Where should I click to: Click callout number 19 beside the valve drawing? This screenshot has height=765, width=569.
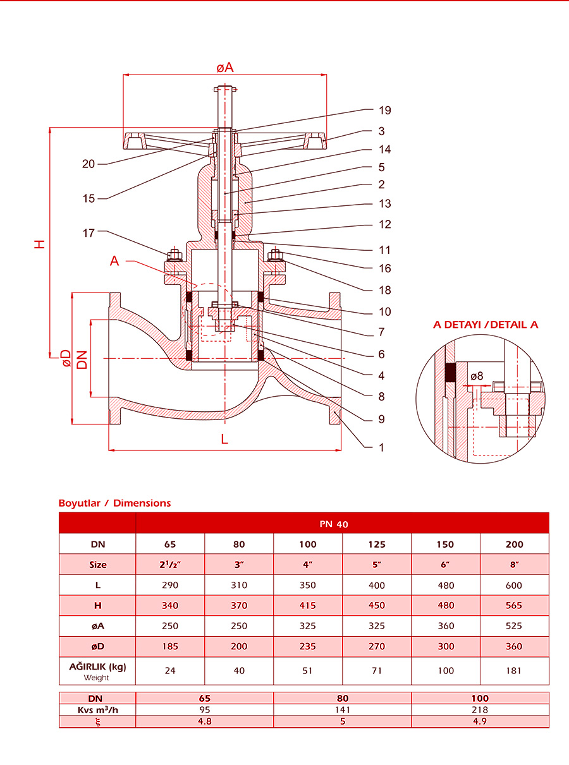(385, 111)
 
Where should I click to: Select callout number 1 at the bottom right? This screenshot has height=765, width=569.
(381, 447)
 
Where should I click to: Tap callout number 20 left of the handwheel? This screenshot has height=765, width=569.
(88, 164)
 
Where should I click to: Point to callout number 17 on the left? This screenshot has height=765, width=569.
(88, 233)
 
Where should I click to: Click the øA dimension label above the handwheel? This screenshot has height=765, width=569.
(224, 67)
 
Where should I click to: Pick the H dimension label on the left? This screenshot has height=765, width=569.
(40, 243)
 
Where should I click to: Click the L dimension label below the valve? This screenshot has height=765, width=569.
(224, 440)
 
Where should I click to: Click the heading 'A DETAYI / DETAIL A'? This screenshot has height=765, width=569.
(486, 325)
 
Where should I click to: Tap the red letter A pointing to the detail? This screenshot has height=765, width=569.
(114, 261)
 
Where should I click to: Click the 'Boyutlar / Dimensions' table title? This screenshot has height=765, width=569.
(114, 503)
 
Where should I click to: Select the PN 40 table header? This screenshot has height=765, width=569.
(342, 524)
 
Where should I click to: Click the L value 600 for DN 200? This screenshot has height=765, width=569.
(514, 585)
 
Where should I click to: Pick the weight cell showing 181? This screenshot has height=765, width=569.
(514, 670)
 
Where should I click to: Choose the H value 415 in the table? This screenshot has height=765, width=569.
(308, 605)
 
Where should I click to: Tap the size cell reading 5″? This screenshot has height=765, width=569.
(377, 565)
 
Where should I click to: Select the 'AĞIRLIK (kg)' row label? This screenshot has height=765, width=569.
(97, 666)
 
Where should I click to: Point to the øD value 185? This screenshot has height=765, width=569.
(170, 646)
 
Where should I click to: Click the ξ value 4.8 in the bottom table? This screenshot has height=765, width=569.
(204, 721)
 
